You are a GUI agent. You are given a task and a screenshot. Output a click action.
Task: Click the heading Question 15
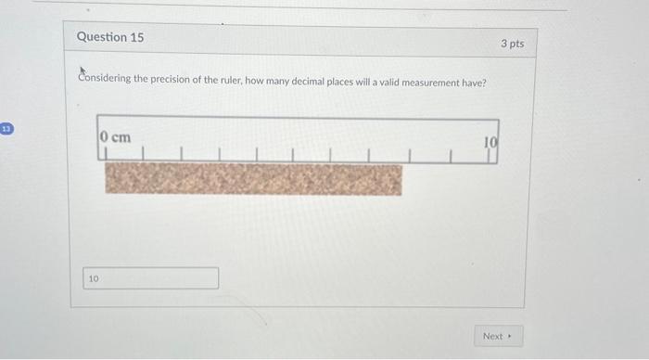110,37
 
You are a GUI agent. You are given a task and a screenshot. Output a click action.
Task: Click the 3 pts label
512,44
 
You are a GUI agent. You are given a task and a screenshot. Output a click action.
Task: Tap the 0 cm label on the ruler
116,137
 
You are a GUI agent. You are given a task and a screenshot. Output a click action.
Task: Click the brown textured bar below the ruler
252,179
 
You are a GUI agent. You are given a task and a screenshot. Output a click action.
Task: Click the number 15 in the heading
136,37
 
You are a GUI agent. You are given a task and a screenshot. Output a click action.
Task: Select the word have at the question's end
474,83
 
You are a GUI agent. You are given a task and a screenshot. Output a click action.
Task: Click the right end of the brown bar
399,179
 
